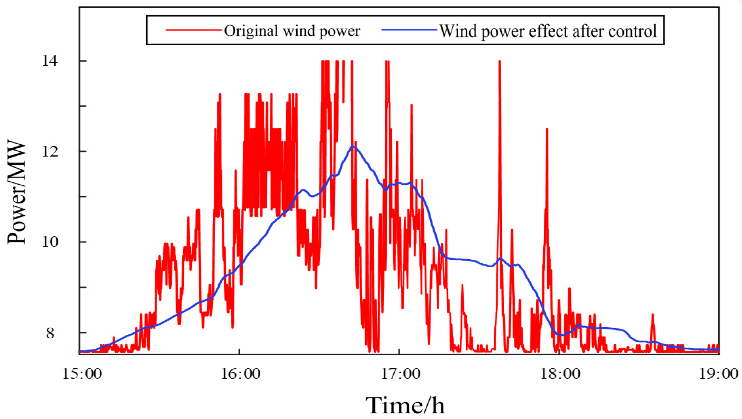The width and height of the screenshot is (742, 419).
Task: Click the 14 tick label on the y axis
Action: coord(50,61)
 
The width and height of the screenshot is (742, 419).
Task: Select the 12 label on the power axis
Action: coord(50,152)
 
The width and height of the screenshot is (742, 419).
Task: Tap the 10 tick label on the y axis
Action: coord(50,242)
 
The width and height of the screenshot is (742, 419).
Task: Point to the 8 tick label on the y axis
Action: coord(51,333)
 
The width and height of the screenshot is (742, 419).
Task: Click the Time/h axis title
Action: coord(405,405)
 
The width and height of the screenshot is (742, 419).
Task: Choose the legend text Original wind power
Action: coord(292,30)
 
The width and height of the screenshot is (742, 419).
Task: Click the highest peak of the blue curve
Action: coord(353,147)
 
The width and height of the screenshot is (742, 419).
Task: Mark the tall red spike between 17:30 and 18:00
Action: coord(500,62)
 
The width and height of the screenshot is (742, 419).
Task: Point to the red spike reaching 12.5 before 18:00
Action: coord(547,130)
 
